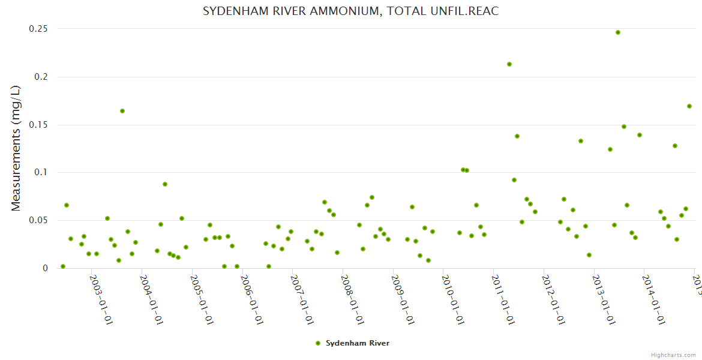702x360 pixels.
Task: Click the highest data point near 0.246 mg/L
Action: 618,32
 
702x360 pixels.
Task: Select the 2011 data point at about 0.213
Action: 509,64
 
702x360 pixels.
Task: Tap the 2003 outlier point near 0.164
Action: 122,111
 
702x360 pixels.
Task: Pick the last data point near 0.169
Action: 689,106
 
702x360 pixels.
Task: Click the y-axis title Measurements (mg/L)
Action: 16,148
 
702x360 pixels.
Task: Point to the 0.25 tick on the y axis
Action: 38,29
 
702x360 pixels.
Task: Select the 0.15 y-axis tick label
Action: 38,125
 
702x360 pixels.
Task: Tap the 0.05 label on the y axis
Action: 38,220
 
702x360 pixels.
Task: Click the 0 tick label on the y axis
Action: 44,268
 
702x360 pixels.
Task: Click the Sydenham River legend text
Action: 358,343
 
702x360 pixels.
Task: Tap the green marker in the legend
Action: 318,343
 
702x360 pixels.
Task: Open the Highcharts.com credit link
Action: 674,355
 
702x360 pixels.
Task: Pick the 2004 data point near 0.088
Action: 165,184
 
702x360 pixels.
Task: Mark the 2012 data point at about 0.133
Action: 581,141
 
